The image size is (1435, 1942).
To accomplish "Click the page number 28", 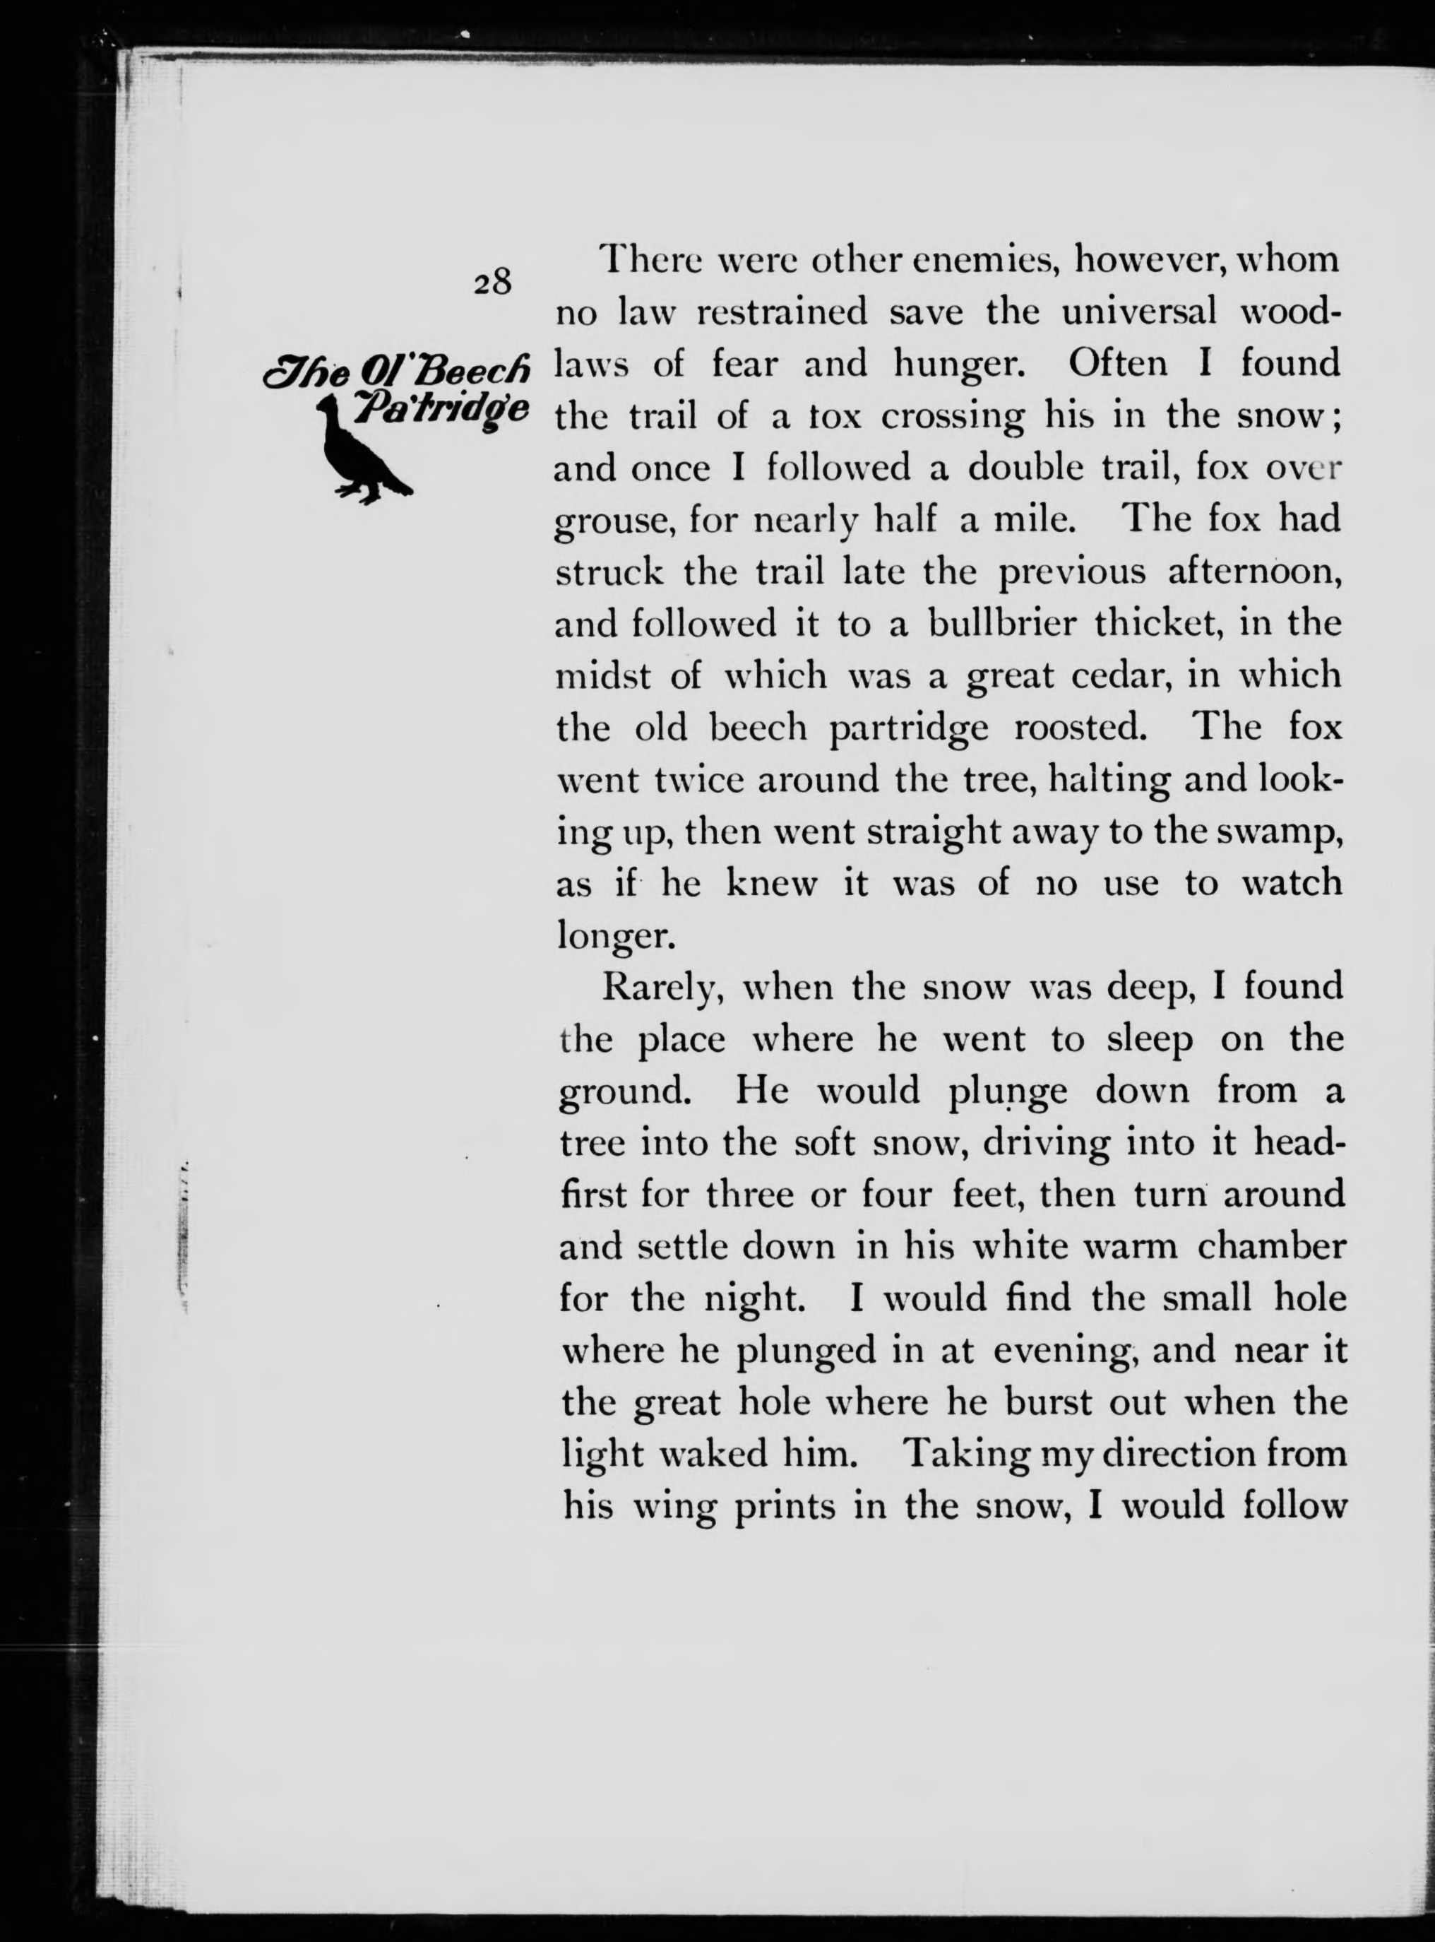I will pyautogui.click(x=492, y=283).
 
